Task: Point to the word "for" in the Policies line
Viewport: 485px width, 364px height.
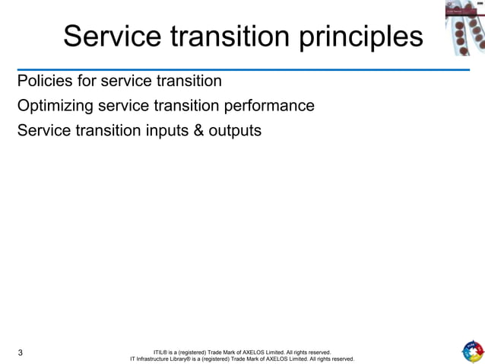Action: click(x=88, y=81)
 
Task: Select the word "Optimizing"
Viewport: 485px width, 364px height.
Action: click(x=59, y=106)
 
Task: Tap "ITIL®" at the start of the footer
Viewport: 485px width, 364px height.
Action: click(x=161, y=353)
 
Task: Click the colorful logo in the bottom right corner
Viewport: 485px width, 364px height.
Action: click(x=472, y=351)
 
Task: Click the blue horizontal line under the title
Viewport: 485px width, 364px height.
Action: click(x=242, y=69)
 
